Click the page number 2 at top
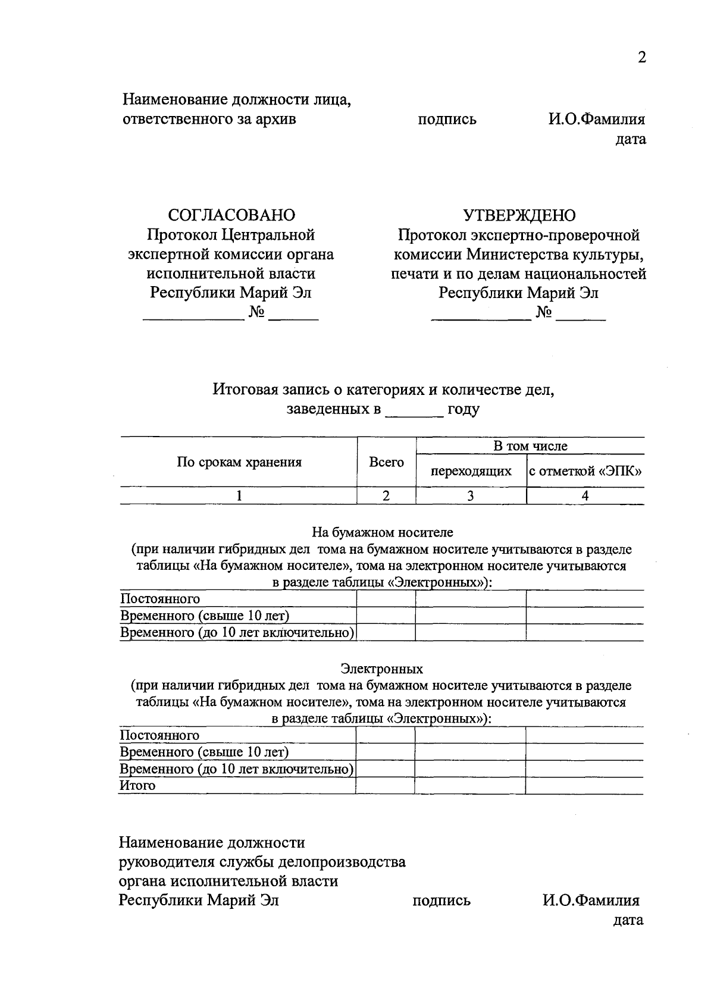641,58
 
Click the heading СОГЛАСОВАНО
231,215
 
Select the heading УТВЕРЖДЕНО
519,215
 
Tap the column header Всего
386,462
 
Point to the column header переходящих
471,472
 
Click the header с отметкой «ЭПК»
585,472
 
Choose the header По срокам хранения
239,462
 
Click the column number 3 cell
471,496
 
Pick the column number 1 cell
239,496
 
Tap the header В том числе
530,446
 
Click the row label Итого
137,786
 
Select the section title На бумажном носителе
383,532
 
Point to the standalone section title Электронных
381,669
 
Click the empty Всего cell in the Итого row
385,786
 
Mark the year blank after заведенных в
414,410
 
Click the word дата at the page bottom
628,920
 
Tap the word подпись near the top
447,120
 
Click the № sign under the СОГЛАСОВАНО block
256,312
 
